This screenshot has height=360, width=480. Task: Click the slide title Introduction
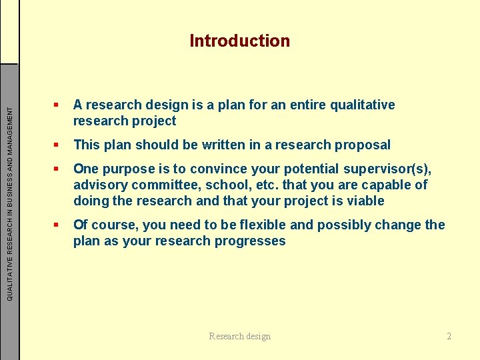(239, 41)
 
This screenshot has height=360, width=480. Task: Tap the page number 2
(449, 336)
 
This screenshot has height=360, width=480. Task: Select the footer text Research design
(239, 336)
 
